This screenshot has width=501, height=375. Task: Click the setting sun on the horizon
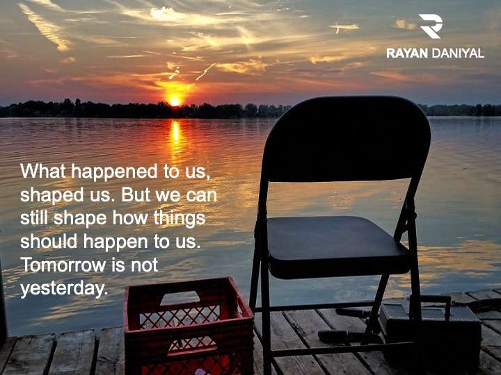(175, 101)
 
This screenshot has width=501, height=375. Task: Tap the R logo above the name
(431, 26)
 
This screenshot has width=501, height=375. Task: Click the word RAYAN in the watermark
(407, 53)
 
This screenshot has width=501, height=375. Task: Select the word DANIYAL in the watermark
(458, 53)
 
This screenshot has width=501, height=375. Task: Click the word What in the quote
(43, 171)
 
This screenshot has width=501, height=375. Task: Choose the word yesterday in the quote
(63, 289)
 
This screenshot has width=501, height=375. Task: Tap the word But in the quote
(136, 194)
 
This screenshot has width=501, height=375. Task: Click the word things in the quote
(180, 219)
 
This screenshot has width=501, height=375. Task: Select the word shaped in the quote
(52, 195)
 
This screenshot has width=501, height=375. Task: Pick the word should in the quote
(49, 242)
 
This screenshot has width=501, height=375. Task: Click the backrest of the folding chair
(347, 140)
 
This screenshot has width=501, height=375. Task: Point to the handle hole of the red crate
(180, 298)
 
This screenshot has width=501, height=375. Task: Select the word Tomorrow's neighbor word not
(145, 265)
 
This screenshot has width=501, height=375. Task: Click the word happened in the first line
(114, 172)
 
